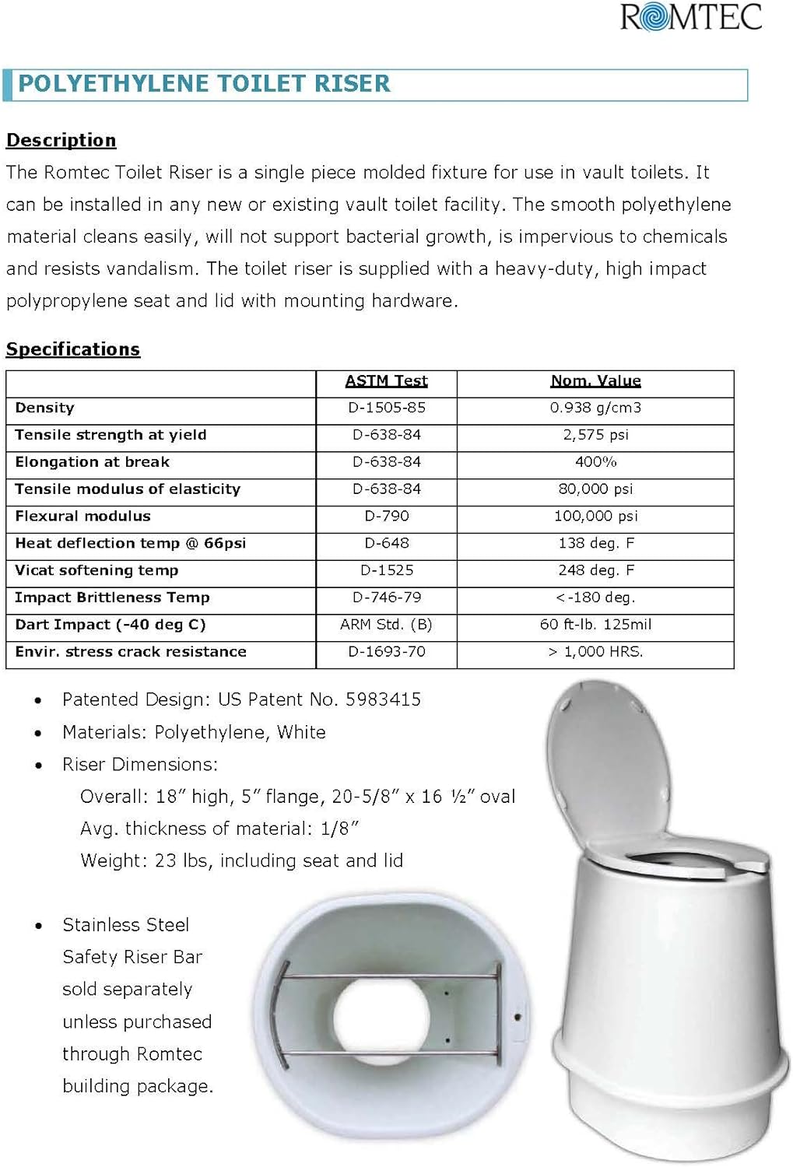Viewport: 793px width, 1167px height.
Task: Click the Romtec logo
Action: tap(691, 17)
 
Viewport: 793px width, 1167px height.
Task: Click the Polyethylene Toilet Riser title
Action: tap(204, 84)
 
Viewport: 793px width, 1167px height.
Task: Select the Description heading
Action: tap(61, 140)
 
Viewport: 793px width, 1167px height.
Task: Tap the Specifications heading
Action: tap(73, 349)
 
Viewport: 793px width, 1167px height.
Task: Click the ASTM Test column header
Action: tap(386, 380)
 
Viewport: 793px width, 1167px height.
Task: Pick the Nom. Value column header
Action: tap(595, 380)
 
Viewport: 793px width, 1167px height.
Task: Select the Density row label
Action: tap(45, 408)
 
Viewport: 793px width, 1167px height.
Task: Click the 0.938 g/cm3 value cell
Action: tap(595, 408)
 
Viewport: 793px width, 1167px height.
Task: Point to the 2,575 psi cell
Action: tap(595, 435)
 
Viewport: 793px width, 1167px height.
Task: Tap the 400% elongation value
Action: tap(595, 462)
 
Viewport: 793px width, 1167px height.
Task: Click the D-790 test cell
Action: tap(386, 516)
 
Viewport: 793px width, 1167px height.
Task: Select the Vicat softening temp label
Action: tap(96, 570)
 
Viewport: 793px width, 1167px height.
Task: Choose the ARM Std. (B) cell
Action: tap(386, 625)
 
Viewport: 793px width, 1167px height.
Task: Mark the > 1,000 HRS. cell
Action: tap(595, 652)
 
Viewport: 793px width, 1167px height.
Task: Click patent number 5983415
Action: tap(383, 699)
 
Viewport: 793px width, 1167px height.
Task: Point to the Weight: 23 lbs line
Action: tap(241, 860)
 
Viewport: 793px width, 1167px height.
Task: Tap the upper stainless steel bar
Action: tap(389, 976)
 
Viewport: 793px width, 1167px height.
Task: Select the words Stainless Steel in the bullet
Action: tap(126, 925)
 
